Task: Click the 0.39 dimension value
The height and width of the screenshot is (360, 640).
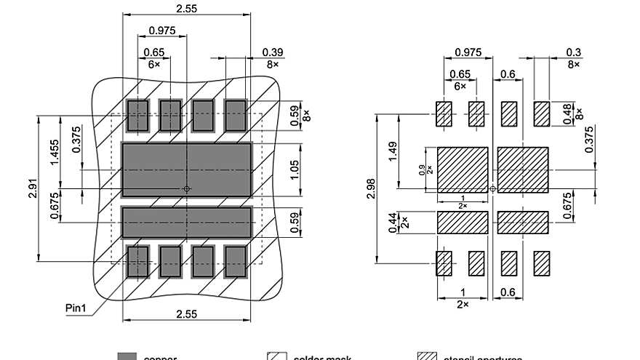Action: pos(273,52)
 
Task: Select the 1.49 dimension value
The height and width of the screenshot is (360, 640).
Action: pos(393,152)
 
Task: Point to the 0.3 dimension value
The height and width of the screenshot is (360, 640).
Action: pos(573,52)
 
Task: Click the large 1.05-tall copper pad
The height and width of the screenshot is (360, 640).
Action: pos(186,169)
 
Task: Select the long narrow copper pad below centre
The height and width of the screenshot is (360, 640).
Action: pos(186,222)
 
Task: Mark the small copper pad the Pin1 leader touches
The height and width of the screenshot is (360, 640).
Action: pos(137,261)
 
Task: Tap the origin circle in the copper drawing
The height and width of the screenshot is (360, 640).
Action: pos(186,189)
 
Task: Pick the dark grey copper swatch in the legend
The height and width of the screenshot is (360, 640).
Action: pos(127,356)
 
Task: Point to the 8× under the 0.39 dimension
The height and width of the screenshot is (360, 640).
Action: pos(273,64)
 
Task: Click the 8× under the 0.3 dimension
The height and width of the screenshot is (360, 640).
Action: pos(573,64)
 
